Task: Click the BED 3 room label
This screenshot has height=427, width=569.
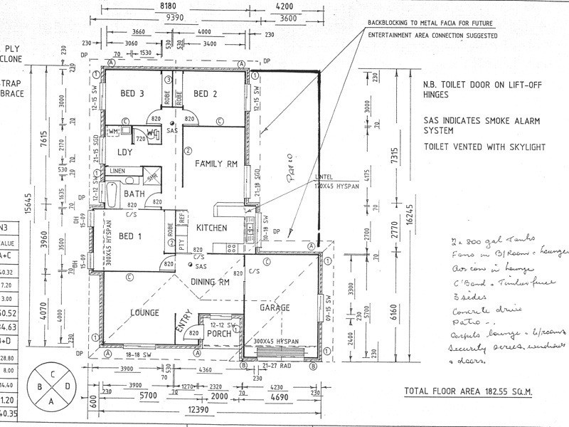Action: [x=134, y=94]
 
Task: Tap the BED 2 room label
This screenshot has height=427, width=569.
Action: [x=206, y=94]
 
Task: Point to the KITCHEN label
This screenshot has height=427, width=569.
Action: [x=211, y=228]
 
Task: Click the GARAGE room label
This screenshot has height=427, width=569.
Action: [x=275, y=308]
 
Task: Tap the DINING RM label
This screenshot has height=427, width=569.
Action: [x=211, y=282]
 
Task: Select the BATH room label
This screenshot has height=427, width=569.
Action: [x=135, y=194]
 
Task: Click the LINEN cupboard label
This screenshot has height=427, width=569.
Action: [x=119, y=171]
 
